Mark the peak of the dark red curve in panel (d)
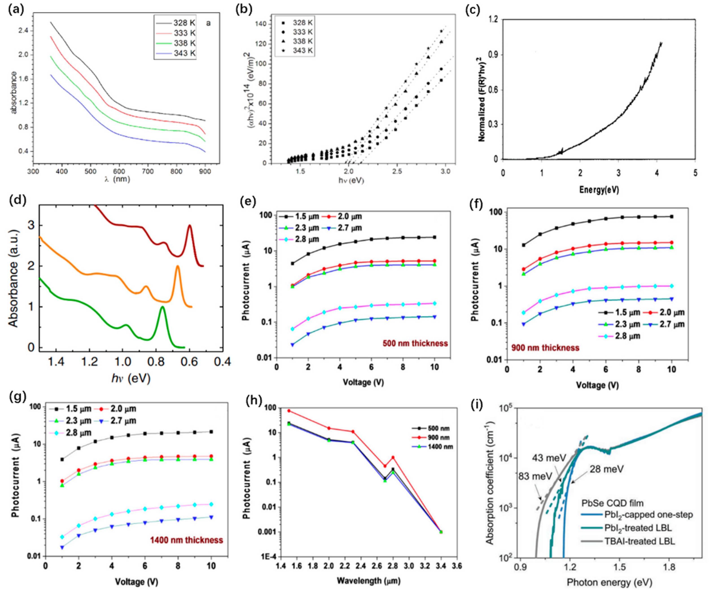tap(190, 225)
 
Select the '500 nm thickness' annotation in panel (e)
tap(415, 343)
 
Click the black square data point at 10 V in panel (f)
tap(671, 217)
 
